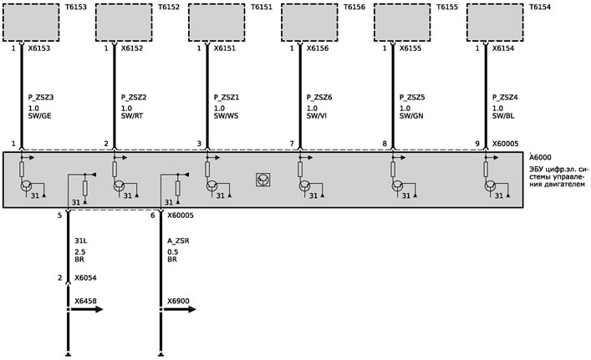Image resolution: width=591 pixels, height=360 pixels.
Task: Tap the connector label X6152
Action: coord(132,48)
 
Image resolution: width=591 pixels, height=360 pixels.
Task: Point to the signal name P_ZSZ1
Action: coord(227,98)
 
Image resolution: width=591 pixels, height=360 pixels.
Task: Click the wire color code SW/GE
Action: coord(39,116)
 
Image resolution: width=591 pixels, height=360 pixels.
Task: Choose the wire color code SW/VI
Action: coord(317,116)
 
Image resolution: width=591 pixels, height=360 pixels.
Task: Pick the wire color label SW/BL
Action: coord(503,116)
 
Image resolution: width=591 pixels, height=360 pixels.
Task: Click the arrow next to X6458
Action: coord(86,310)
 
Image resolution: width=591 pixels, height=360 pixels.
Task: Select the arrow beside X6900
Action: coord(179,310)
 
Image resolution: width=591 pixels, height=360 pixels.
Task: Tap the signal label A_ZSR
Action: coord(178,241)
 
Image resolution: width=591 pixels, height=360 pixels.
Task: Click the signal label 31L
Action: coord(81,241)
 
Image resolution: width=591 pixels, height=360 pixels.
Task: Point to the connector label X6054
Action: coord(85,278)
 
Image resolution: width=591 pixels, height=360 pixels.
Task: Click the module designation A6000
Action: coord(540,158)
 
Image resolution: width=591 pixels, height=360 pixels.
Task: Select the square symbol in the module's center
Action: coord(262,180)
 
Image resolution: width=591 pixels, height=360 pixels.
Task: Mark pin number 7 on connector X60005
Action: coord(292,144)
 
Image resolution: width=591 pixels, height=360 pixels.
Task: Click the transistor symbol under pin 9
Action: coord(490,186)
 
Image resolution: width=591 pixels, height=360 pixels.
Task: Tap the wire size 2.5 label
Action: coord(80,252)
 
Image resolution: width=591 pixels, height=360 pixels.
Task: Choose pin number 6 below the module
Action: coord(153,215)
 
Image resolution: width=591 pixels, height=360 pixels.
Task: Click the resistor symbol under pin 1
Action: coord(22,170)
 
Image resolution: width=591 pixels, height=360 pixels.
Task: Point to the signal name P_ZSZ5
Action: coord(412,98)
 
